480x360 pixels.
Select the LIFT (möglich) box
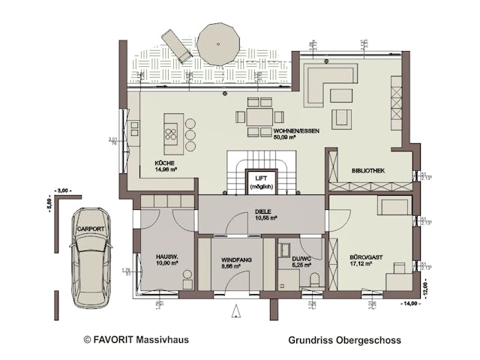point(262,181)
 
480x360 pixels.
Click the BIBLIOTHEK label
point(367,171)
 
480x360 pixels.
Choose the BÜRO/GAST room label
point(365,260)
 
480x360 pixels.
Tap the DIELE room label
point(262,213)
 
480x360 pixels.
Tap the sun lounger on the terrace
point(176,46)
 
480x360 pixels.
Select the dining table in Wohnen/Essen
point(259,117)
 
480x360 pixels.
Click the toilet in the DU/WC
point(314,280)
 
